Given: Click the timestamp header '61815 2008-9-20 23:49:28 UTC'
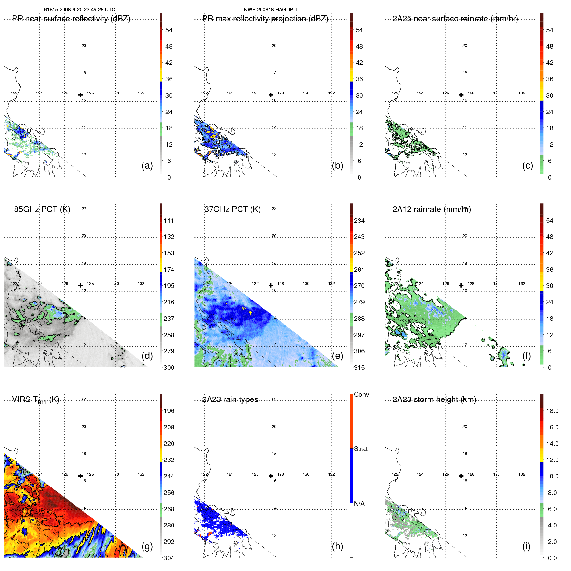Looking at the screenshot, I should (80, 10).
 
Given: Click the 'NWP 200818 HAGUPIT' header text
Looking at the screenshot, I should (271, 10).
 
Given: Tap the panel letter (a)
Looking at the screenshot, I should (147, 166).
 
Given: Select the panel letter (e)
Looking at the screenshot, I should (337, 356).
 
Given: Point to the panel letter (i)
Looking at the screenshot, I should (526, 546).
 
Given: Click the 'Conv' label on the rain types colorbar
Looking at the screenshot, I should (361, 394).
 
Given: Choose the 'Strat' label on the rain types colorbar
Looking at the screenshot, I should (361, 449).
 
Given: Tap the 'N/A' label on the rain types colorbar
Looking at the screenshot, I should (359, 504).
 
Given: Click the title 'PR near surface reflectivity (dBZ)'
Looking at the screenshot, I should (71, 19).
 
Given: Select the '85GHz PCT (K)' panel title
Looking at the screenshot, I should (42, 209).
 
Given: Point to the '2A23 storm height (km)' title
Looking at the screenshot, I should (434, 399).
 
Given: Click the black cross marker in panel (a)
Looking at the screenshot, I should (80, 95).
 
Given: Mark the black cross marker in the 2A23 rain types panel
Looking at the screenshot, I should (271, 476).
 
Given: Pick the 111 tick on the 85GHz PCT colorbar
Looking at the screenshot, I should (169, 221).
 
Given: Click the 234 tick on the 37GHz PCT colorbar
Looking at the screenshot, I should (359, 221).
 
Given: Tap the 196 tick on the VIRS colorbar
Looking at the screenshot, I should (169, 411).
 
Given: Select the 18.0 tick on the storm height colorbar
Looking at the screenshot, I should (552, 411).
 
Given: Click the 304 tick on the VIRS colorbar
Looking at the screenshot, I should (169, 558).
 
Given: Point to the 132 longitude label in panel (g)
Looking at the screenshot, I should (141, 474).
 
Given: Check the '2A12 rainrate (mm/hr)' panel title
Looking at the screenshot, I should (432, 209).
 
